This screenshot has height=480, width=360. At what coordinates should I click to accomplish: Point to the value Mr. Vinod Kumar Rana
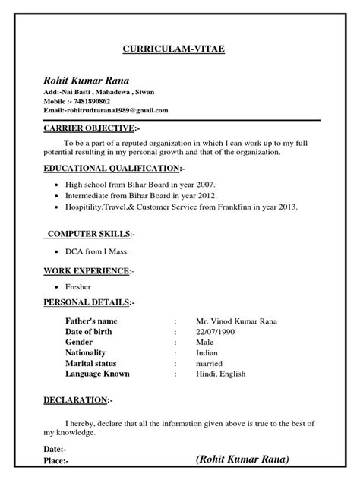235,321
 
